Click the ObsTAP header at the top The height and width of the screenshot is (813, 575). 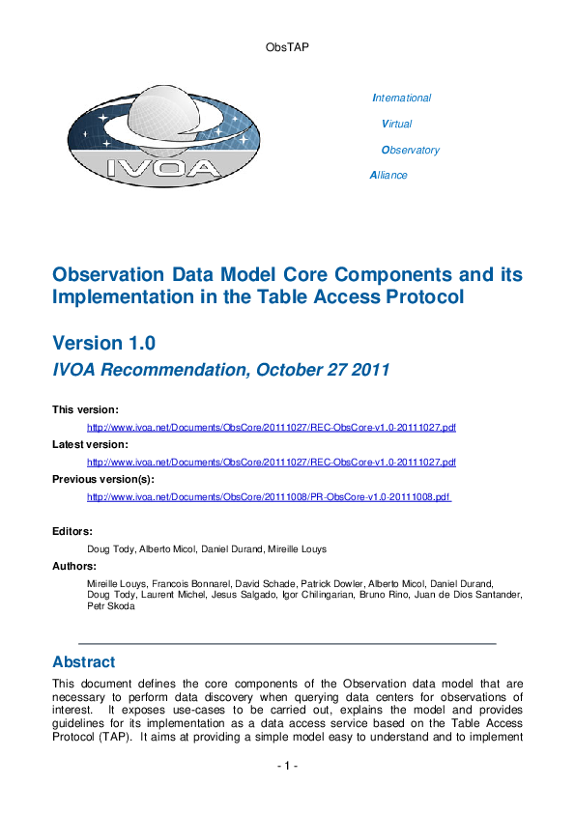(x=286, y=45)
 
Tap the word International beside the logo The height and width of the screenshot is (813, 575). (x=402, y=98)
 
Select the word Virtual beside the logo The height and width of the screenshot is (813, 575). (x=397, y=124)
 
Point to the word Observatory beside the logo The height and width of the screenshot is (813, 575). (x=411, y=150)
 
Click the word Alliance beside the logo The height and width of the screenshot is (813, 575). (x=388, y=175)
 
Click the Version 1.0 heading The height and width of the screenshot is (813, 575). (x=103, y=343)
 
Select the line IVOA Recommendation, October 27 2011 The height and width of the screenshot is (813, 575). (x=220, y=369)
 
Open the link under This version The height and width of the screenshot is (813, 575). (x=272, y=427)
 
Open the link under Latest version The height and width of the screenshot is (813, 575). (x=272, y=462)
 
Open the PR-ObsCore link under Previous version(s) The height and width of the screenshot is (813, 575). (x=270, y=496)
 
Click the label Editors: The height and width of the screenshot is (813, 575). (x=72, y=531)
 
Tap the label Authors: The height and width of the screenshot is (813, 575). (x=74, y=566)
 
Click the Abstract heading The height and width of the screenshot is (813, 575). (x=84, y=662)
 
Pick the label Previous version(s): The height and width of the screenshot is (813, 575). (x=103, y=479)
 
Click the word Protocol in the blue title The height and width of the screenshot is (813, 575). (x=422, y=297)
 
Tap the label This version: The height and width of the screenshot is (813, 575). (x=85, y=410)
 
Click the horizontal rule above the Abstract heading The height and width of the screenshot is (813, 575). (x=287, y=643)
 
